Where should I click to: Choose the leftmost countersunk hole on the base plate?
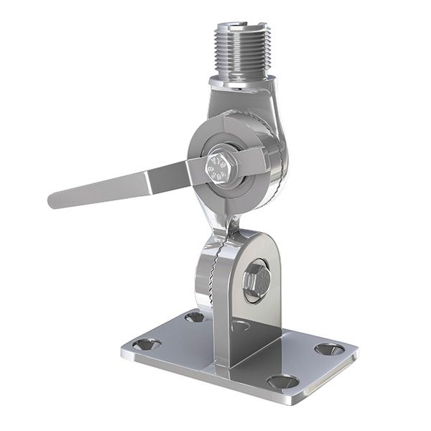click(147, 344)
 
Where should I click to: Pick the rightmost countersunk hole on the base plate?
click(329, 349)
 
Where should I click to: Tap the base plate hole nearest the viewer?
click(282, 381)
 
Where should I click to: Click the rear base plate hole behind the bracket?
click(194, 316)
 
